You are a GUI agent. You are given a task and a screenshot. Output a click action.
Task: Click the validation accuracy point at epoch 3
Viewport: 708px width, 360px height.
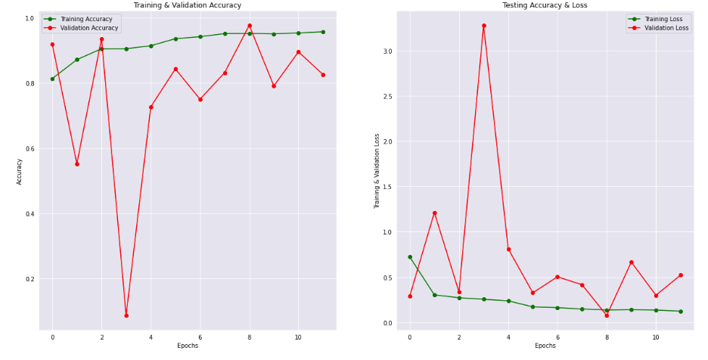click(126, 315)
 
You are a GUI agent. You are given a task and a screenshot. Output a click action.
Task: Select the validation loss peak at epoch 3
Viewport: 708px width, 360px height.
click(483, 26)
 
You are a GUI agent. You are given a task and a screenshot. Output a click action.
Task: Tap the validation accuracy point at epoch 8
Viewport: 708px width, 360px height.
click(249, 26)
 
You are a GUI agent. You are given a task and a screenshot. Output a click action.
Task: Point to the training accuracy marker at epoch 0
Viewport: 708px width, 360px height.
click(52, 79)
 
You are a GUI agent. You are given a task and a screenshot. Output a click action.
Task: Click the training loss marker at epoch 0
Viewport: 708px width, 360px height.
click(410, 257)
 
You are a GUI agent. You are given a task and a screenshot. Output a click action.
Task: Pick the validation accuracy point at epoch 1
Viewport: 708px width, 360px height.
click(77, 164)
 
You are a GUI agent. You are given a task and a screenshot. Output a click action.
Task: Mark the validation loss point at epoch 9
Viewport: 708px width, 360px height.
click(631, 262)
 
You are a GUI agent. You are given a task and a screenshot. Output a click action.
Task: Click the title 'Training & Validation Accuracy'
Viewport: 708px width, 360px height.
click(188, 5)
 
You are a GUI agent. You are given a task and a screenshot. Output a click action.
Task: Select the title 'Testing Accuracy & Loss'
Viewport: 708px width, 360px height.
click(545, 5)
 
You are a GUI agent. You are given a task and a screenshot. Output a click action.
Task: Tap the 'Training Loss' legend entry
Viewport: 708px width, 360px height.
click(665, 19)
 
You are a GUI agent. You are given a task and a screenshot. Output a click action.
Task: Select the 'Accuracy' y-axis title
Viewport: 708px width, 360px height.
click(20, 172)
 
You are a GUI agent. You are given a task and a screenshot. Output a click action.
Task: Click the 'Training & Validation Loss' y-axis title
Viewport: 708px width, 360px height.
click(377, 172)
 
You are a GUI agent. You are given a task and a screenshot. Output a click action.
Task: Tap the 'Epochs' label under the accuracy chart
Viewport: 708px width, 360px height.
click(188, 346)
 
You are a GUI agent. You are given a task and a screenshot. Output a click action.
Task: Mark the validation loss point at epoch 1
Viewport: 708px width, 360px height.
click(434, 213)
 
